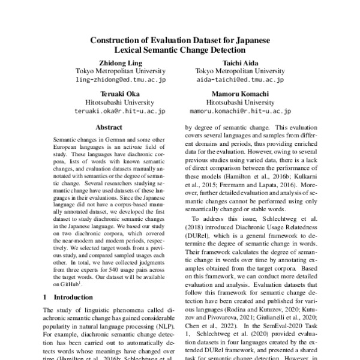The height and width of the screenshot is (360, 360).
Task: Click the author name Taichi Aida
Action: click(240, 62)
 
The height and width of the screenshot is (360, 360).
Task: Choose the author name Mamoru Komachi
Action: click(240, 93)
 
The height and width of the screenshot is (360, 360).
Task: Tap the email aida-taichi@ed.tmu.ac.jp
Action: click(240, 80)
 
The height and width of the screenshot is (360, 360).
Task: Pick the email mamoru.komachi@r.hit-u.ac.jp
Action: click(240, 111)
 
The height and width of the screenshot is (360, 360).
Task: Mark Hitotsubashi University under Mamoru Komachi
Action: click(240, 102)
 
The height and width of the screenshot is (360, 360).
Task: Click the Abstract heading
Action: click(109, 127)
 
